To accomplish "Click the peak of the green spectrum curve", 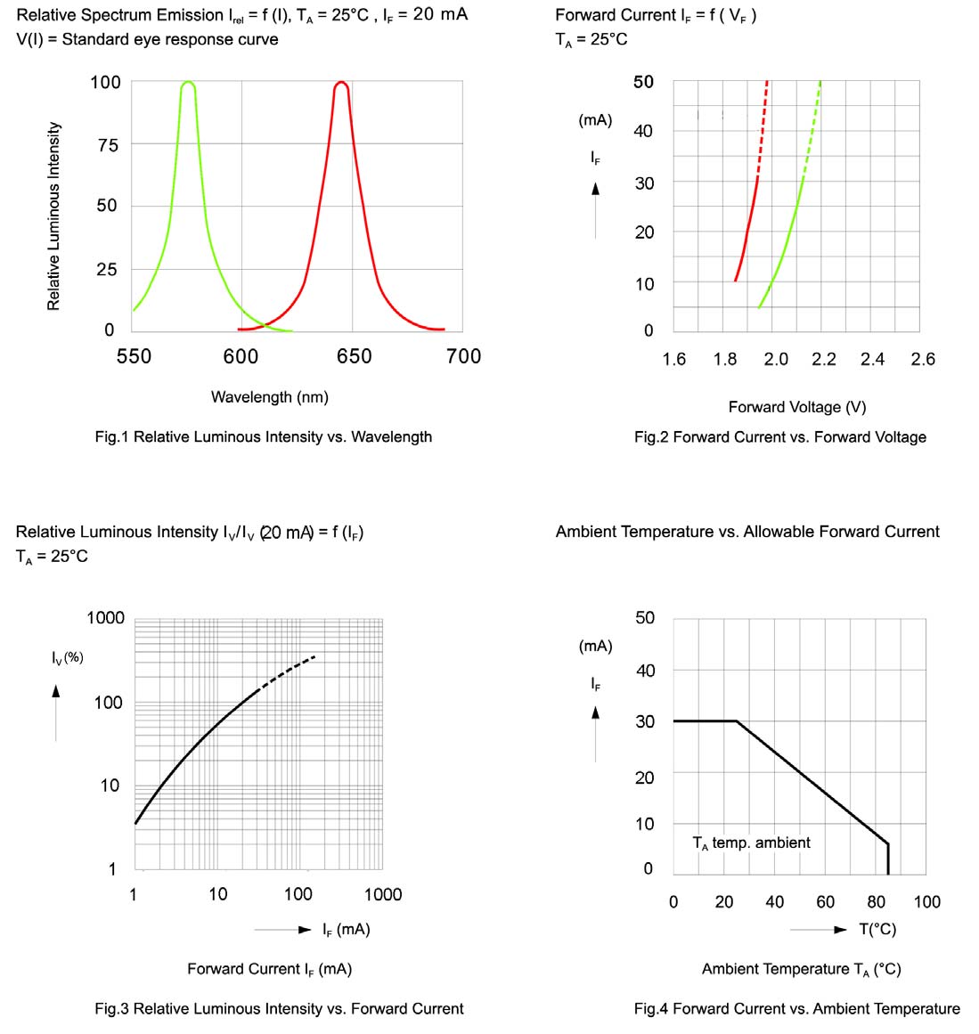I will (x=188, y=84).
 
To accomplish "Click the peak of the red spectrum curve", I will (x=341, y=84).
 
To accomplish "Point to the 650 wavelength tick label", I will (x=354, y=356).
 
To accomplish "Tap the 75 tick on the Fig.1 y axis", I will (x=107, y=145).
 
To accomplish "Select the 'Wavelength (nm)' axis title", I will (x=269, y=397).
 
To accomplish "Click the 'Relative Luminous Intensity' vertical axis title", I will (x=54, y=216).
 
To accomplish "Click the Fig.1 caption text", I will (x=263, y=436).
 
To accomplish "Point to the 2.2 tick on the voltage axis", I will (x=824, y=359).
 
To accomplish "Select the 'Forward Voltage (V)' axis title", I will (x=796, y=407).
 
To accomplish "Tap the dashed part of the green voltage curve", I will (x=811, y=134).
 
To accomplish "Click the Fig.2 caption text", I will (x=779, y=436).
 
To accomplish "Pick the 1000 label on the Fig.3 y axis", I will (x=105, y=618).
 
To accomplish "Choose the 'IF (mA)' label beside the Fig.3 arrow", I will (x=346, y=929).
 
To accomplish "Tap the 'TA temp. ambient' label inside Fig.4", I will (x=751, y=843).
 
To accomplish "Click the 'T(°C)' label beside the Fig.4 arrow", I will (x=877, y=929).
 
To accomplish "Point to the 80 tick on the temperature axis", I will (x=876, y=901).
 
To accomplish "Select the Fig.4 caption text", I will (x=796, y=1008).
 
